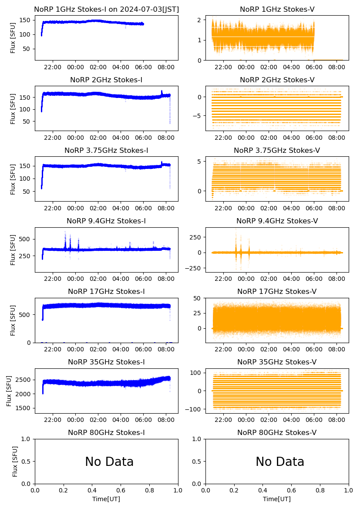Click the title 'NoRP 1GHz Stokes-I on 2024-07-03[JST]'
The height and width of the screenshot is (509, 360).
[106, 9]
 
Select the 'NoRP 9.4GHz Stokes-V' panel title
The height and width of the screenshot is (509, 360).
[277, 221]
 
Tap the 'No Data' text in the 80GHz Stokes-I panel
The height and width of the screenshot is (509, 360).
[109, 462]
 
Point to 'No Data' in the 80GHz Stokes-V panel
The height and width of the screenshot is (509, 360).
[280, 462]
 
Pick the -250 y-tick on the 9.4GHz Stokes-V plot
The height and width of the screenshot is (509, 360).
[195, 268]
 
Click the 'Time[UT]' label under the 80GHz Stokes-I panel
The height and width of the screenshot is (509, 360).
[106, 499]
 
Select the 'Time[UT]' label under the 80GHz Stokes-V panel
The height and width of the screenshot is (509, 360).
[277, 499]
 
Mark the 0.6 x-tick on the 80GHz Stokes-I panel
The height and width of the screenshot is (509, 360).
[121, 491]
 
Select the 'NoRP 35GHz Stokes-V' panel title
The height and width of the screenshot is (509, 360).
[277, 362]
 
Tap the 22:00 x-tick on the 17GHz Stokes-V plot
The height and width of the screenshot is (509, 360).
[223, 349]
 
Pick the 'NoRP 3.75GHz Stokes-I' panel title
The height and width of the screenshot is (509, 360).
[106, 151]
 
